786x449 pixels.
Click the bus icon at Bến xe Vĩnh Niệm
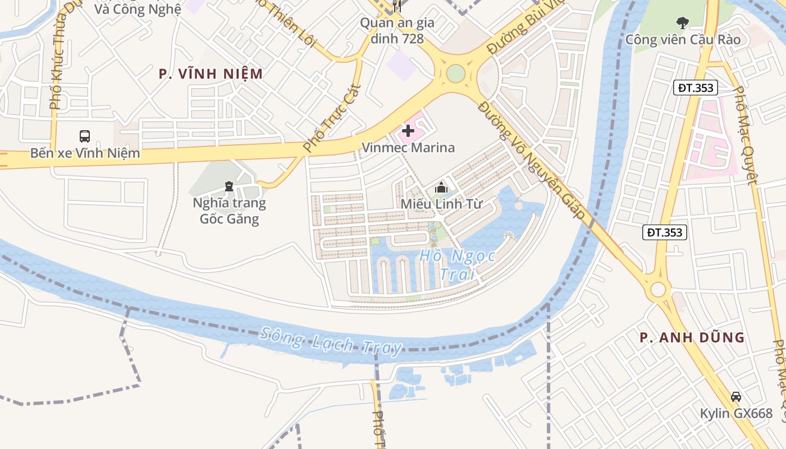(x=84, y=136)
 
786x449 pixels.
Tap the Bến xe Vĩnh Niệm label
(x=85, y=153)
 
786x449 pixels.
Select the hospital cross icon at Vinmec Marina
(x=408, y=131)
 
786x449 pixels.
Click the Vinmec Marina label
(x=408, y=148)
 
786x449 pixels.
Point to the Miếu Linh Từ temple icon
(x=441, y=187)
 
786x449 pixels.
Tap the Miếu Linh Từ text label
(x=441, y=204)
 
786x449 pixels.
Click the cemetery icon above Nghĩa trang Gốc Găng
(x=229, y=186)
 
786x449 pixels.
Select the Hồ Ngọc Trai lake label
(x=457, y=265)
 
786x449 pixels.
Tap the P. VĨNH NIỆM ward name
(x=211, y=74)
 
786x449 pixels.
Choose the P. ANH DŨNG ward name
(x=692, y=337)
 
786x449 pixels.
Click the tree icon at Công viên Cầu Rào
(x=683, y=23)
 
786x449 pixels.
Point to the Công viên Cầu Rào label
(x=683, y=39)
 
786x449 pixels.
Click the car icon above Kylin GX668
(x=735, y=397)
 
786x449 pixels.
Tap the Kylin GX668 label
(x=735, y=414)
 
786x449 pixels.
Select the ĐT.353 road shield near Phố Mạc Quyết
(x=696, y=88)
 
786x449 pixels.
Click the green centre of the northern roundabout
(x=456, y=74)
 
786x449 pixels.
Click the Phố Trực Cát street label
(x=331, y=118)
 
